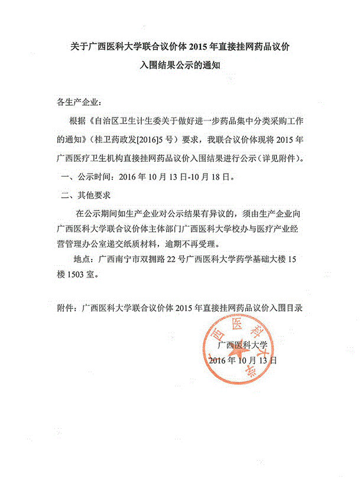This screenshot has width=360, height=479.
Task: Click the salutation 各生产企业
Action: (79, 102)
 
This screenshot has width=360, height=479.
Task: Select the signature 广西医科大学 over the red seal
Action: (243, 344)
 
